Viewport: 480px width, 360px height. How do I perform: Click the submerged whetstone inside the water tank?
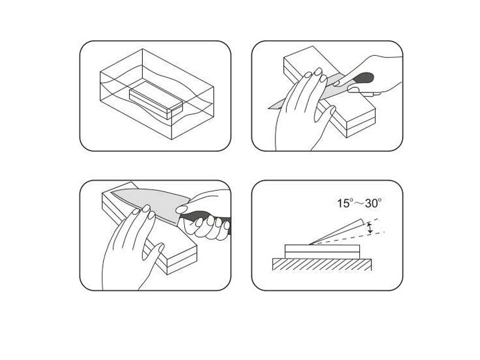click(x=156, y=100)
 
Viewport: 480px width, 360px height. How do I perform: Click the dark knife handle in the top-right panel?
click(x=364, y=78)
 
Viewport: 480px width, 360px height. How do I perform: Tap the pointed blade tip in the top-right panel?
click(x=269, y=108)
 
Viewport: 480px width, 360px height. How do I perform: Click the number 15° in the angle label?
click(x=346, y=203)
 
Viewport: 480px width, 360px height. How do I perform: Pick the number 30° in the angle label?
click(x=373, y=203)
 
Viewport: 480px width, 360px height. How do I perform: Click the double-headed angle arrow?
click(x=370, y=229)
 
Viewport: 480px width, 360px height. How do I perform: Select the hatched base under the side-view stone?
click(x=322, y=265)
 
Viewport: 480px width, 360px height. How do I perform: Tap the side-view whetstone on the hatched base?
click(x=322, y=251)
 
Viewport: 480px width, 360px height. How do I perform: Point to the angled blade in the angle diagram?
click(x=336, y=232)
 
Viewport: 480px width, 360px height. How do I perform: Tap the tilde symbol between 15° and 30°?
click(x=359, y=203)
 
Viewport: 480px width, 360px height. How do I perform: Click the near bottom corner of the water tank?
click(x=172, y=140)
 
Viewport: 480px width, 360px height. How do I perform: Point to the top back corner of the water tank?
click(x=142, y=49)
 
